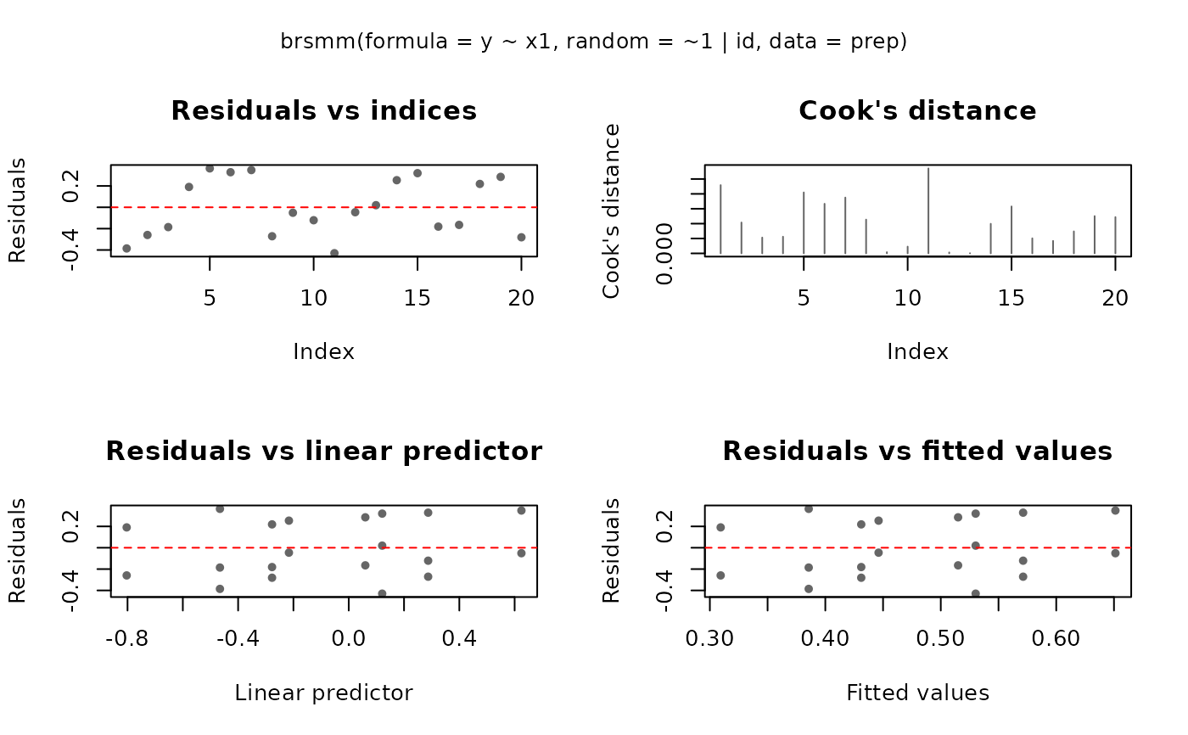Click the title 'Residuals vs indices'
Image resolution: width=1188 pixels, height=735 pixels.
[323, 111]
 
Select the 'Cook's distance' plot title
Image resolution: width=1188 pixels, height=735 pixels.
[917, 111]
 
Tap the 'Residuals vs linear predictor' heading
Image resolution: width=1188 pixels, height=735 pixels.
[323, 452]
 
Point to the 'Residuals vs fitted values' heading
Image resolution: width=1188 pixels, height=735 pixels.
[917, 452]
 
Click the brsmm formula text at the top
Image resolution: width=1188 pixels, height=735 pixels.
[594, 42]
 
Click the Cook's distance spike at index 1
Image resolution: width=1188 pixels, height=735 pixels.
[720, 219]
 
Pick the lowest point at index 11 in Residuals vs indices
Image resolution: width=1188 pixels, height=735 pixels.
[334, 253]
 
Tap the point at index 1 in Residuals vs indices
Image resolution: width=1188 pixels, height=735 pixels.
[126, 248]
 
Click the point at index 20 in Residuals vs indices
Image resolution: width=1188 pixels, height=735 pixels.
[521, 237]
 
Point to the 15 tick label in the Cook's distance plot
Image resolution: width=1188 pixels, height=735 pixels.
[1011, 299]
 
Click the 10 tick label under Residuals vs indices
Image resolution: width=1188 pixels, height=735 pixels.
[313, 299]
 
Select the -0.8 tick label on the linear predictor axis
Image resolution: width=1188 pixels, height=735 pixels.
[127, 638]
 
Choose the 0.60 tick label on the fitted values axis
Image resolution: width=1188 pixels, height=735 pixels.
[1056, 638]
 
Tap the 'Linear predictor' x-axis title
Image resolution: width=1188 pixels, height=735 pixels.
[323, 693]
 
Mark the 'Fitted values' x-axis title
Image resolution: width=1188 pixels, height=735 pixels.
[917, 693]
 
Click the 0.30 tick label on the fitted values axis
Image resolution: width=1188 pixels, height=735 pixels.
[709, 638]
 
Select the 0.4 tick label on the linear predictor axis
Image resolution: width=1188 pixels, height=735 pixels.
[459, 638]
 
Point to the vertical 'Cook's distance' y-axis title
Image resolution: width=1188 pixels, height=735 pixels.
[611, 211]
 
